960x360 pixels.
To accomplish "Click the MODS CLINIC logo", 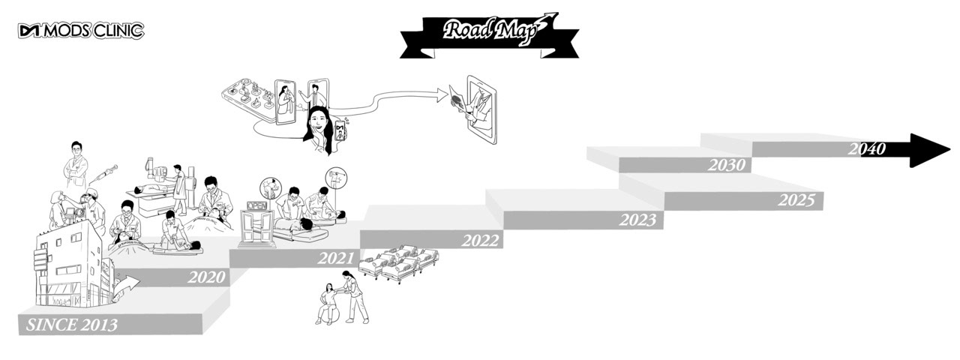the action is pyautogui.click(x=81, y=31).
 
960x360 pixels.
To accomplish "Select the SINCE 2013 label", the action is pyautogui.click(x=72, y=325).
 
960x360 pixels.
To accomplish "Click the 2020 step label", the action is pyautogui.click(x=205, y=277).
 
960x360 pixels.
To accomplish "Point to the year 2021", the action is pyautogui.click(x=335, y=259).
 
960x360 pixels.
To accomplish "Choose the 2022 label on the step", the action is pyautogui.click(x=480, y=241).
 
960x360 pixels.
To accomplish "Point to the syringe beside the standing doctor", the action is pyautogui.click(x=104, y=174).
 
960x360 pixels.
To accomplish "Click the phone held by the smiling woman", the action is pyautogui.click(x=342, y=132).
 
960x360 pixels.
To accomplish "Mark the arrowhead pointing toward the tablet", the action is pyautogui.click(x=440, y=94).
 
